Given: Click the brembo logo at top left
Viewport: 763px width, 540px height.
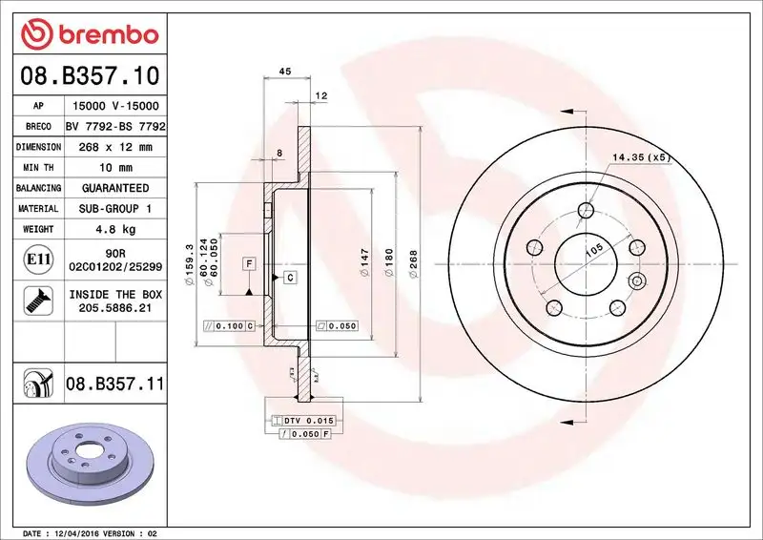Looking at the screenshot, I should point(86,33).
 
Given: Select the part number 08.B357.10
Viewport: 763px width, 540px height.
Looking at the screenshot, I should point(86,73).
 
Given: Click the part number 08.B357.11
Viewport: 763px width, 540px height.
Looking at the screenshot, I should point(114,384).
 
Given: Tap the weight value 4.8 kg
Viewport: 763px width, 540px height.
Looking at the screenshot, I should point(115,230).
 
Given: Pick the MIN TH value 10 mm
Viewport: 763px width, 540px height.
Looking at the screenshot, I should point(115,168).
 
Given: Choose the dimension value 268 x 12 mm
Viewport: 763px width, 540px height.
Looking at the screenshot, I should point(115,147).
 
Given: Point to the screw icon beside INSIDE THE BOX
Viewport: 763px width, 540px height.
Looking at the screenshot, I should point(31,301).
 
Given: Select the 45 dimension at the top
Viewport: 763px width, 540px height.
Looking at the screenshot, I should point(283,70).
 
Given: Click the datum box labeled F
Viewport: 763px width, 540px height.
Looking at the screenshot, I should point(247,262).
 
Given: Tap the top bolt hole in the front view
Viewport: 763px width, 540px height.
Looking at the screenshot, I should point(588,211).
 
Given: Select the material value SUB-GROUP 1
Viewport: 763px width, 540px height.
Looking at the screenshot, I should point(115,209).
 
